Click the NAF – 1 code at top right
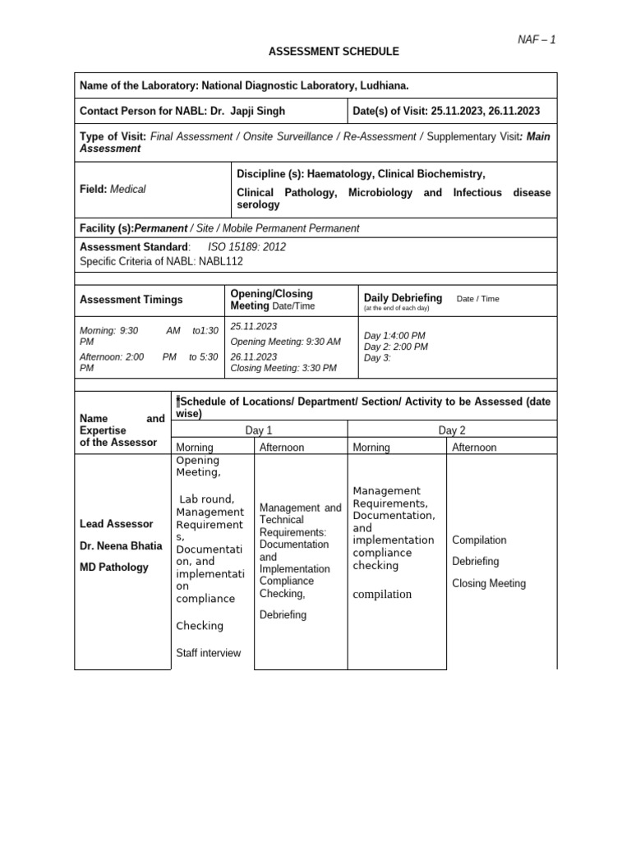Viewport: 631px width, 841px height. pyautogui.click(x=536, y=39)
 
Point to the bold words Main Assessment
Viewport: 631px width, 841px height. pyautogui.click(x=110, y=143)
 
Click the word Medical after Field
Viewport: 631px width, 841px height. pyautogui.click(x=127, y=189)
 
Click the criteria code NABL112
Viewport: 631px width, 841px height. pyautogui.click(x=220, y=261)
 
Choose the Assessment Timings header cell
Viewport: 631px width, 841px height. pyautogui.click(x=131, y=300)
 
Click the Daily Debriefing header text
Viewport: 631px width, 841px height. pyautogui.click(x=403, y=298)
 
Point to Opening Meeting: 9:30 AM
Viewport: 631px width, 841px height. pyautogui.click(x=285, y=342)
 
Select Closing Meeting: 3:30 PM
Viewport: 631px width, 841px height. pyautogui.click(x=283, y=368)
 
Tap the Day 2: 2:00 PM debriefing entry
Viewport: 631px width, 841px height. pyautogui.click(x=396, y=347)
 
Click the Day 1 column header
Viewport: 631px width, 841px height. pyautogui.click(x=259, y=430)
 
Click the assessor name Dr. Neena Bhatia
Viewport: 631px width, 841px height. pyautogui.click(x=121, y=545)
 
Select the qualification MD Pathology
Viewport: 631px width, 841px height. pyautogui.click(x=114, y=568)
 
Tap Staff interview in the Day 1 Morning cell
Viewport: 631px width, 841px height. pyautogui.click(x=209, y=653)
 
